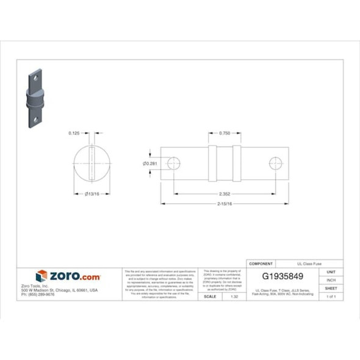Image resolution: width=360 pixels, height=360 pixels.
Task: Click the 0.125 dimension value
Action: [x=74, y=132]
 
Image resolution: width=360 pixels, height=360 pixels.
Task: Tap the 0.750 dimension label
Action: [x=224, y=132]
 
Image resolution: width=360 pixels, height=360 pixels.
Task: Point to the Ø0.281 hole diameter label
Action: [x=150, y=164]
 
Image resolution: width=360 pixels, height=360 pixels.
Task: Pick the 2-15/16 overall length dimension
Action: [x=224, y=203]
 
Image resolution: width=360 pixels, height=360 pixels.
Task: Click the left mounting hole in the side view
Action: [x=173, y=164]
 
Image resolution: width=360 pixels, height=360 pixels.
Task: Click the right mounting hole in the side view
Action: [x=275, y=164]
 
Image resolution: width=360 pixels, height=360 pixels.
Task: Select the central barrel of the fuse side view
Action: [x=224, y=164]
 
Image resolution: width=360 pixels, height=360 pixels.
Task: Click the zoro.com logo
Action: [x=68, y=276]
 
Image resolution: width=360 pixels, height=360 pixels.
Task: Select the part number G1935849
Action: [x=284, y=276]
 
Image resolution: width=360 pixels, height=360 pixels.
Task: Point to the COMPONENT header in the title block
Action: [x=262, y=264]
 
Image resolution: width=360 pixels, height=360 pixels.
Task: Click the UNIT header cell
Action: [x=331, y=272]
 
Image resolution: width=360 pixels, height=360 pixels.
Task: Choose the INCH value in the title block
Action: [x=331, y=280]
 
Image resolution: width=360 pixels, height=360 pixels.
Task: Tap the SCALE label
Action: [x=209, y=296]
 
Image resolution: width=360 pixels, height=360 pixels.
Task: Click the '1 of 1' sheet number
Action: [x=331, y=296]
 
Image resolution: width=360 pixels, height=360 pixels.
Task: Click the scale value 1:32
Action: [x=234, y=296]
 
